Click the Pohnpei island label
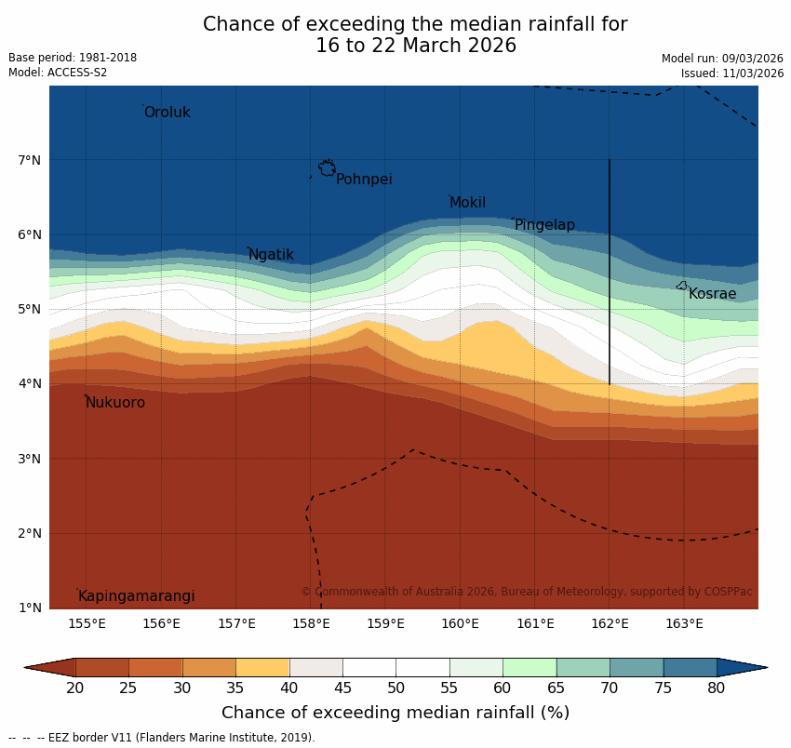(364, 180)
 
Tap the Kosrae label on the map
(712, 294)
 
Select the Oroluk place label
(167, 113)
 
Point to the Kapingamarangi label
(136, 596)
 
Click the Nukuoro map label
(115, 403)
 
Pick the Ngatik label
(271, 255)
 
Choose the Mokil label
(467, 203)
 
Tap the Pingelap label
(544, 225)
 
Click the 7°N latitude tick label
(29, 160)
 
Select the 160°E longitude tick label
(460, 623)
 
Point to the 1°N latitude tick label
(29, 608)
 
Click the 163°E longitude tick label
(684, 623)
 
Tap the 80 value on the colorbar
(716, 688)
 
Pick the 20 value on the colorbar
(75, 688)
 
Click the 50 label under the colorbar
(395, 688)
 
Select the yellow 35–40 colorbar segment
(262, 667)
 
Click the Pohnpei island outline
(328, 167)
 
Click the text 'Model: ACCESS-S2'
(58, 73)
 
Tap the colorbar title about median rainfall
(395, 713)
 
